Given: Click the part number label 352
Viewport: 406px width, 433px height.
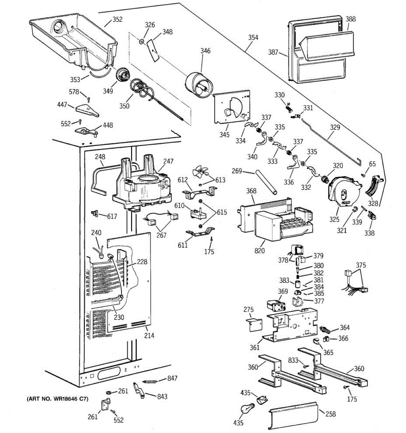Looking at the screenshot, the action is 118,19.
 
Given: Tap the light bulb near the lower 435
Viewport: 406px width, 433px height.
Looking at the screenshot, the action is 248,408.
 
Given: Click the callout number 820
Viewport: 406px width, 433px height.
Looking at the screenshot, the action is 259,251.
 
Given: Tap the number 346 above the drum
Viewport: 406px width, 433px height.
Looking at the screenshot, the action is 205,51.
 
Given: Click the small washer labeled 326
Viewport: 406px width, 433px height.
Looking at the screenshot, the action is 141,41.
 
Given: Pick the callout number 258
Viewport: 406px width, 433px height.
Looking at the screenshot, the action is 331,414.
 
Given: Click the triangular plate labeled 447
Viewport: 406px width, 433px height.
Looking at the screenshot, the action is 87,110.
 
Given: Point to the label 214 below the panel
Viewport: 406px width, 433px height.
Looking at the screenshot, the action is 149,336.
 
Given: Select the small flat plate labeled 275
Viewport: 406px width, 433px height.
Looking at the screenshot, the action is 254,325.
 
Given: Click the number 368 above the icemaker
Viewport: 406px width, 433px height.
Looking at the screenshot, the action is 251,191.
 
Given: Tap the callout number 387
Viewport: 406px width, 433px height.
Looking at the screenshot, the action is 273,52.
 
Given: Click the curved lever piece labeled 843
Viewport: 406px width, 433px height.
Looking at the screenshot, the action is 139,390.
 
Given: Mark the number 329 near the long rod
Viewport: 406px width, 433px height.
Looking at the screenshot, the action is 335,127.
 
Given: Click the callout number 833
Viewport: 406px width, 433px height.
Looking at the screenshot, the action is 293,360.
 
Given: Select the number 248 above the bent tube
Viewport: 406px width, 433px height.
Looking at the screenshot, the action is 100,157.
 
